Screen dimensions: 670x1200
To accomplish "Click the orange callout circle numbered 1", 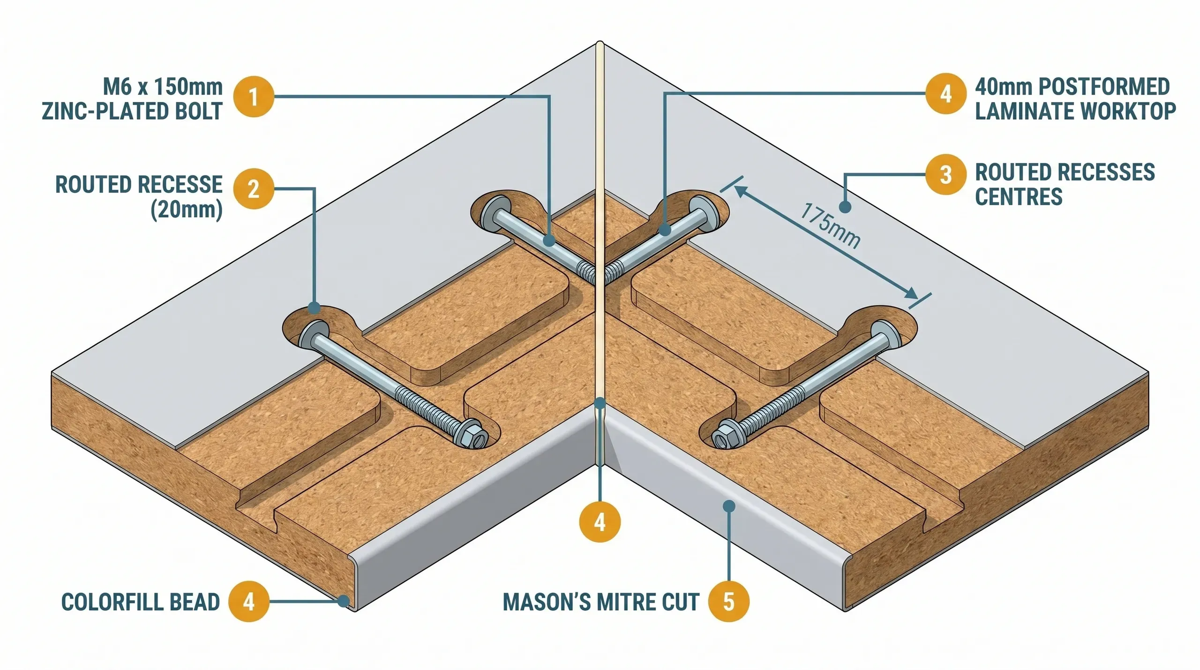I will [254, 97].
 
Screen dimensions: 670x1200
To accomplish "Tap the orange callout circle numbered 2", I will [254, 188].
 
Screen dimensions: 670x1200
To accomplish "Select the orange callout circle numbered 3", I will [945, 174].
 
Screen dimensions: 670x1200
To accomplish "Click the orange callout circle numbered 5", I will [728, 602].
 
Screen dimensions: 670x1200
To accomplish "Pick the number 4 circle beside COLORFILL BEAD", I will [249, 602].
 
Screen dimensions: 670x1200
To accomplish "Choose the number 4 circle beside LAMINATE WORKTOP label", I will [945, 93].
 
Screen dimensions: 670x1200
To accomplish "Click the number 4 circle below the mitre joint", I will [600, 522].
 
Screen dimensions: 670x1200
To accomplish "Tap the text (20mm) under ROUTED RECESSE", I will [186, 210].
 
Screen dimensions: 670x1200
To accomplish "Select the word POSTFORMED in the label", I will [1104, 87].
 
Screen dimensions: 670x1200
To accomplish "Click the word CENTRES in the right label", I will [1018, 196].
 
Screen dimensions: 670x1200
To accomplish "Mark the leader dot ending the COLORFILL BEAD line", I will [345, 601].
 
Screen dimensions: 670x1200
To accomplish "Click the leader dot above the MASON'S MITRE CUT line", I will [729, 505].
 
